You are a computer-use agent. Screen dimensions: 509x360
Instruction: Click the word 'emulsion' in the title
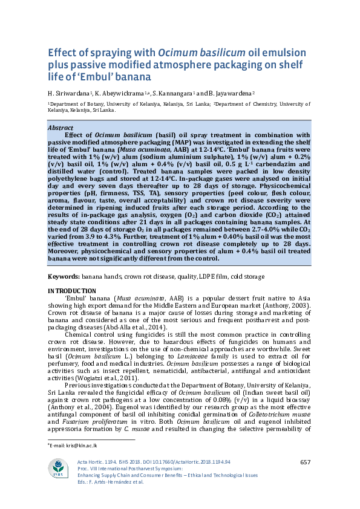[282, 52]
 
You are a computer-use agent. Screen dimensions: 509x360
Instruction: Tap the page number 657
[305, 462]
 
